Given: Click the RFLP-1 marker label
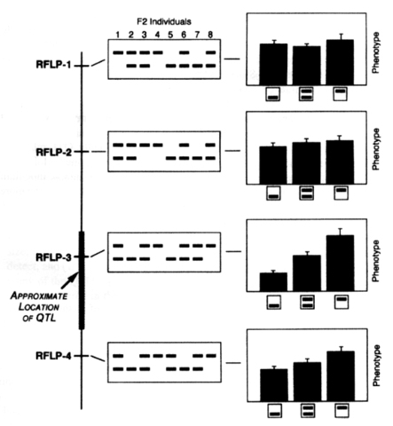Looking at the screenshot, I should pos(43,67).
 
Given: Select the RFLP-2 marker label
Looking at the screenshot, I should pos(43,152).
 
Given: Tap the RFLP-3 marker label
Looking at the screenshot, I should pos(43,257).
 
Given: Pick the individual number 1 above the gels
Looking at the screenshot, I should pos(116,35).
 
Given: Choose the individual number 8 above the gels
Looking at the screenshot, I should pos(211,35).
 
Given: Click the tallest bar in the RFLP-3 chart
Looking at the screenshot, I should pos(340,263).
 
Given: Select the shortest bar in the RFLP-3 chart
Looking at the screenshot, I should pos(273,281).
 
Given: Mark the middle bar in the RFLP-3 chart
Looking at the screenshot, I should pos(306,272).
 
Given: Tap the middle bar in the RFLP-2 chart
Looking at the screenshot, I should pos(306,162).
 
